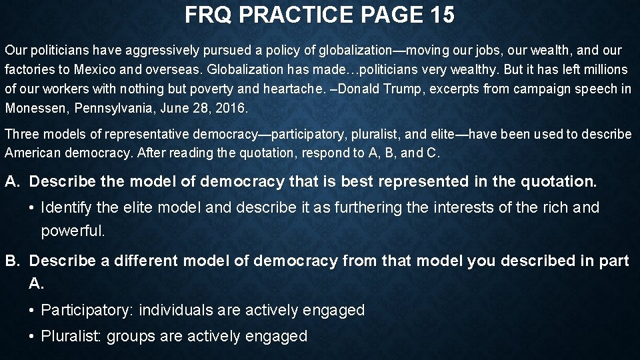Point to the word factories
[27, 69]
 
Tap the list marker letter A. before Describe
[13, 181]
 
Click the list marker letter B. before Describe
[13, 261]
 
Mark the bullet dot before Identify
[32, 208]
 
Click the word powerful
[73, 231]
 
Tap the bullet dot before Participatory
[32, 310]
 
